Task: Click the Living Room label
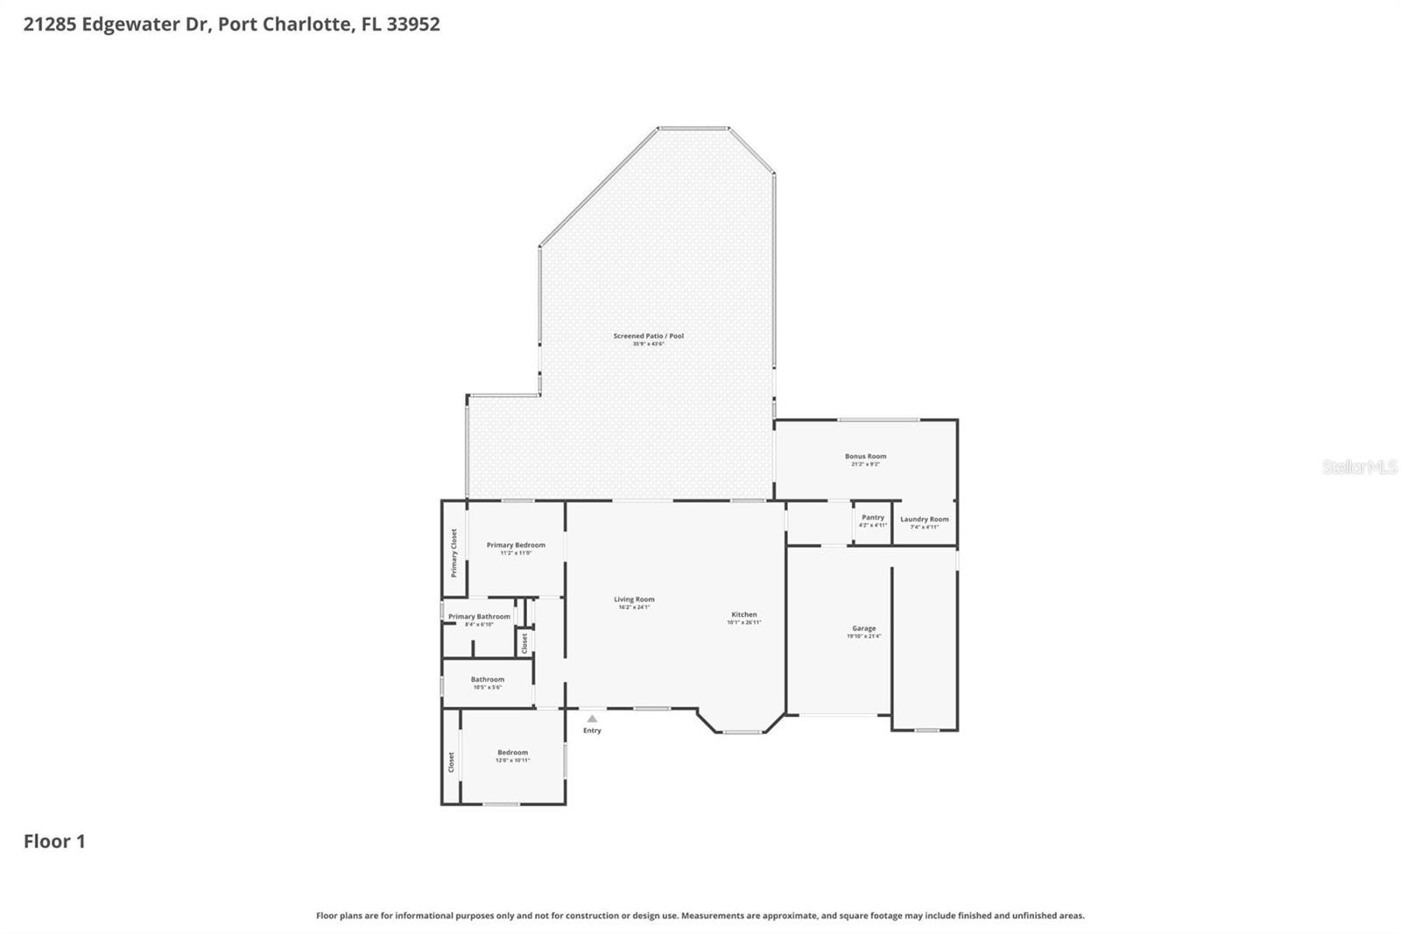[634, 600]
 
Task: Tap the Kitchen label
[744, 615]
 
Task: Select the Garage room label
[863, 628]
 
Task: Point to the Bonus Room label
[865, 456]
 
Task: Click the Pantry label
[873, 518]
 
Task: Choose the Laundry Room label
[924, 520]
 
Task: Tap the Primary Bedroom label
[516, 545]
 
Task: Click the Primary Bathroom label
[479, 617]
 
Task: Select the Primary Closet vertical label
[454, 552]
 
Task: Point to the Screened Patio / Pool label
[649, 336]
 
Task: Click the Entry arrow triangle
[592, 718]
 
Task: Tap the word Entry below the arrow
[592, 731]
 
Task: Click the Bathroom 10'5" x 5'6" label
[488, 680]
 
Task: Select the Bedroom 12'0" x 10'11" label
[513, 753]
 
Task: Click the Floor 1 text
[54, 841]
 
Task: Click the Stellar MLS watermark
[1359, 467]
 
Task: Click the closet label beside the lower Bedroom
[452, 761]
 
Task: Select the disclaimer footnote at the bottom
[700, 916]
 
